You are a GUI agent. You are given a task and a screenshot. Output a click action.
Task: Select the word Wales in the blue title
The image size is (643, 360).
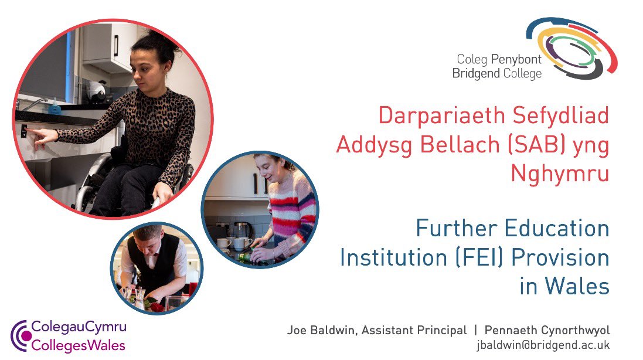576,287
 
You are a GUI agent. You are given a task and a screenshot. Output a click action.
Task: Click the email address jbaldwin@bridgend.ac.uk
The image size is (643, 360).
542,345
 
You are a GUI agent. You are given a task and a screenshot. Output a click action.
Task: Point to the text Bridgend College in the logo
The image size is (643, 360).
497,73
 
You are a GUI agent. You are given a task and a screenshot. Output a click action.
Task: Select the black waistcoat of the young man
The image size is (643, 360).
155,264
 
